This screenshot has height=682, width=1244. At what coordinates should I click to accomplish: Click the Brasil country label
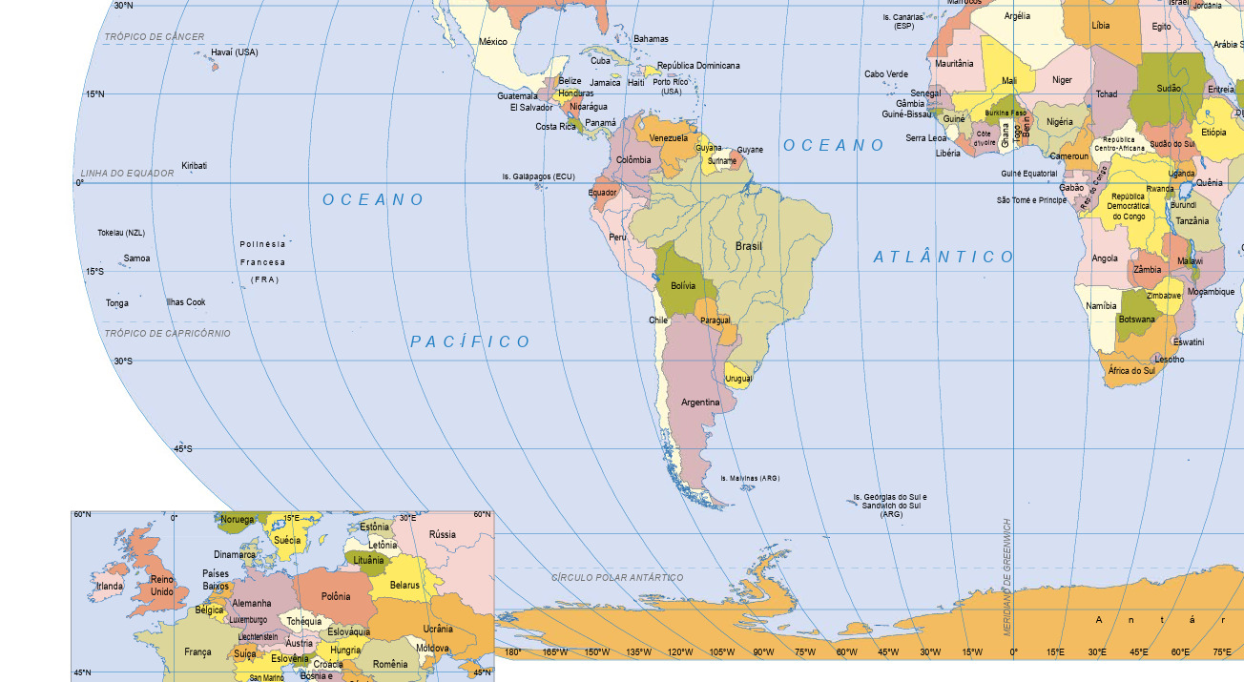749,246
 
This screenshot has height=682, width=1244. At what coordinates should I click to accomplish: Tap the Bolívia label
683,286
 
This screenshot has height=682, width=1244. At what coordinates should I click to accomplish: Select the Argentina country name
700,403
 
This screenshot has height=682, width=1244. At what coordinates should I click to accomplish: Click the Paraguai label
715,320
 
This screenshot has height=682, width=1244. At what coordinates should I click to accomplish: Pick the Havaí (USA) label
235,52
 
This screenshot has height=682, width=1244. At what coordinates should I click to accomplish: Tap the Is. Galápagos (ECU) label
539,176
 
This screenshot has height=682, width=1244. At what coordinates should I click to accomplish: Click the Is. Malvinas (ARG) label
750,478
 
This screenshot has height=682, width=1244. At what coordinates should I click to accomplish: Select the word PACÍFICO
470,341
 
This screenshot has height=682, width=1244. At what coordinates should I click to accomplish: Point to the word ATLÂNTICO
944,257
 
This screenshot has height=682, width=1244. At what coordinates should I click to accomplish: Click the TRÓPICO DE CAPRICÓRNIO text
168,334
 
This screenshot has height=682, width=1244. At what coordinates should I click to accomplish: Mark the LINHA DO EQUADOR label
128,174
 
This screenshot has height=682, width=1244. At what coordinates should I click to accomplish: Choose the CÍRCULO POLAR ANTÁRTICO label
617,578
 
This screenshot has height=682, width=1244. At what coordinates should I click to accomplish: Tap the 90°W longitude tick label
763,652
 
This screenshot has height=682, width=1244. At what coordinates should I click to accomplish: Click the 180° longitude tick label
512,652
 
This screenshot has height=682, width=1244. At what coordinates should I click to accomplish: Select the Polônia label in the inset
336,596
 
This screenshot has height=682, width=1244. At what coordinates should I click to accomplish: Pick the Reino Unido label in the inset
162,585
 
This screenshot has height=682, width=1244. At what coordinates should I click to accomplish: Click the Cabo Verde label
886,74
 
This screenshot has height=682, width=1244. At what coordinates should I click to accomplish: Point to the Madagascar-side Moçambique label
1211,292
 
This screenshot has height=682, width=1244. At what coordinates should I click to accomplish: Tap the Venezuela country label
668,138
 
